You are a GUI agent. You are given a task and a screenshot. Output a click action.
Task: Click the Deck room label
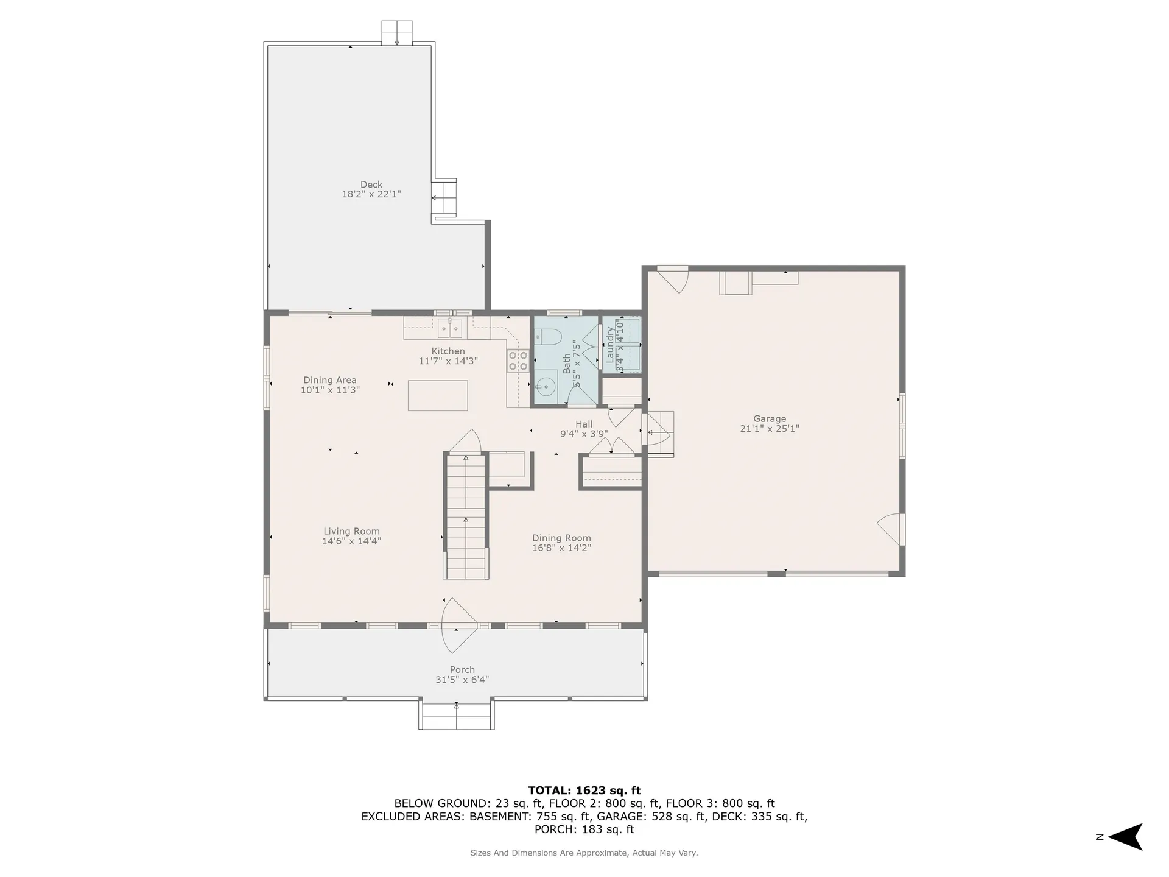(x=371, y=185)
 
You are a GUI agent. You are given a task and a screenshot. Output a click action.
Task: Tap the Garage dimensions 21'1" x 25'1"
(x=769, y=429)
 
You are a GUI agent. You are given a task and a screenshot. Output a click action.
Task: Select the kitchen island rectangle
(x=438, y=395)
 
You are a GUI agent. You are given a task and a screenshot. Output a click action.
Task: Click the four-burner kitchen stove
(x=518, y=361)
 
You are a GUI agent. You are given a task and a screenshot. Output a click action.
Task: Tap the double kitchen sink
(x=450, y=328)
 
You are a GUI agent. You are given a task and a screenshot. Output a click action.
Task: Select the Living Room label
(x=351, y=531)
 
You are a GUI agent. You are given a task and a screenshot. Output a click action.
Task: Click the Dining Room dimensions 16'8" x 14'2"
(x=561, y=548)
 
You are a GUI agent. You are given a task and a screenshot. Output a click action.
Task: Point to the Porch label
(x=462, y=669)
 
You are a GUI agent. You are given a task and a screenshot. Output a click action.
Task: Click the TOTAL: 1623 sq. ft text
(x=584, y=791)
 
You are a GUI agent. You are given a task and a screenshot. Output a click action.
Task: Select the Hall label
(x=584, y=424)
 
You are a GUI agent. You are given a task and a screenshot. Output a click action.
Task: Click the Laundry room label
(x=610, y=345)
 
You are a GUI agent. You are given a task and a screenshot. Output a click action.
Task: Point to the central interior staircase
(x=466, y=516)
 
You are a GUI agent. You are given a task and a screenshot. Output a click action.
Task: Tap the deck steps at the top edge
(x=397, y=32)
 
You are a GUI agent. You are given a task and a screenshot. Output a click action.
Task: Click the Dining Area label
(x=329, y=380)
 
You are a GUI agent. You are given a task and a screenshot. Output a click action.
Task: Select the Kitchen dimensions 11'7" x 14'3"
(x=448, y=361)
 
